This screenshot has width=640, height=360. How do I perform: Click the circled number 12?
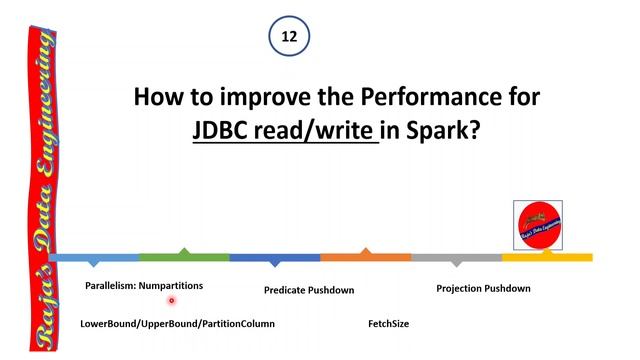[289, 36]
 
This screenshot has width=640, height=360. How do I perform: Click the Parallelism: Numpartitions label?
[144, 286]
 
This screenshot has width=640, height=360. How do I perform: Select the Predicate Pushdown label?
[309, 290]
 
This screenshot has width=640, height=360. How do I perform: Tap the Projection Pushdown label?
[483, 288]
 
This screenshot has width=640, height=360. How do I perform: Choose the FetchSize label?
[388, 324]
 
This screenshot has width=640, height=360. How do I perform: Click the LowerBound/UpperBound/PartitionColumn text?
[177, 324]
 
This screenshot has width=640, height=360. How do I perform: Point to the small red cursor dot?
[172, 300]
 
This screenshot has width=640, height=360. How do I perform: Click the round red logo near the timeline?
[538, 225]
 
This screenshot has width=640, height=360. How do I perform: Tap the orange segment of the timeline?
[365, 257]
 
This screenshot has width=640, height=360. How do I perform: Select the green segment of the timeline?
[184, 256]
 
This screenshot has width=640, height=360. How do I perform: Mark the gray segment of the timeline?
[456, 258]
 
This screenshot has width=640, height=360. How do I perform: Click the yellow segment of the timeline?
[547, 257]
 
